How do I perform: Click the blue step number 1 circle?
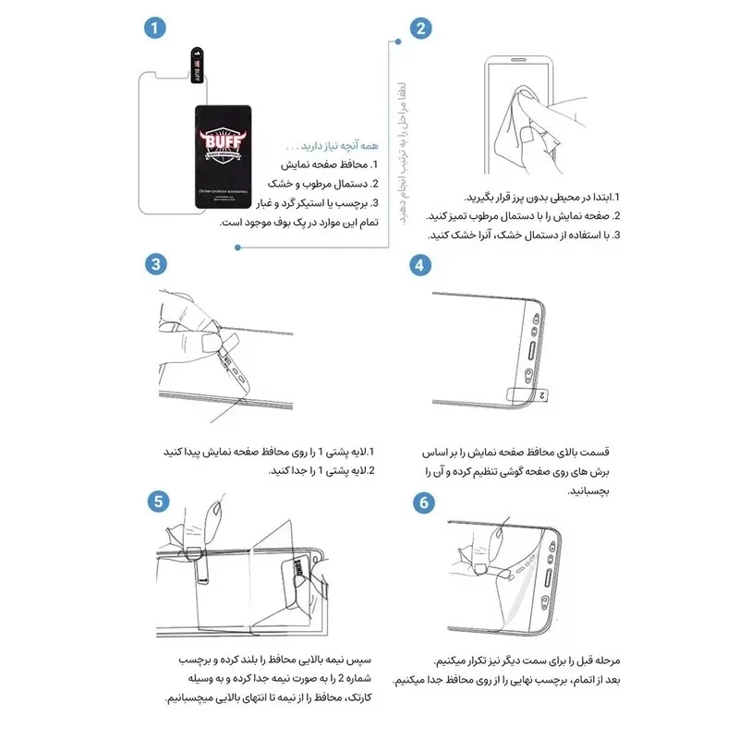(x=157, y=28)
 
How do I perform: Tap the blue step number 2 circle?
(x=420, y=28)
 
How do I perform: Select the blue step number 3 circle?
(x=157, y=264)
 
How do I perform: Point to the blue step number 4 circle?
(x=420, y=264)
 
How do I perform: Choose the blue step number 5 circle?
(x=159, y=502)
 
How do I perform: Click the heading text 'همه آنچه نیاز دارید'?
(x=321, y=146)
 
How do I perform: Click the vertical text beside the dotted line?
(x=403, y=152)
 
